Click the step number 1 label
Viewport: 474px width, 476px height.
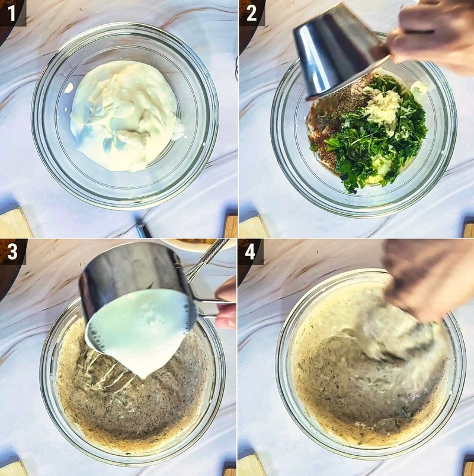click(x=10, y=12)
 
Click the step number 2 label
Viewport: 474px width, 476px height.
click(x=252, y=12)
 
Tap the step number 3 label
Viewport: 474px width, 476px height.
click(x=11, y=252)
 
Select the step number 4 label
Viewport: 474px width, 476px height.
click(x=251, y=252)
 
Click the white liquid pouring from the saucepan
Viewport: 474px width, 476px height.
click(x=139, y=332)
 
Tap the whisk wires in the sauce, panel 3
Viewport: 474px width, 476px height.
click(x=110, y=373)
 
